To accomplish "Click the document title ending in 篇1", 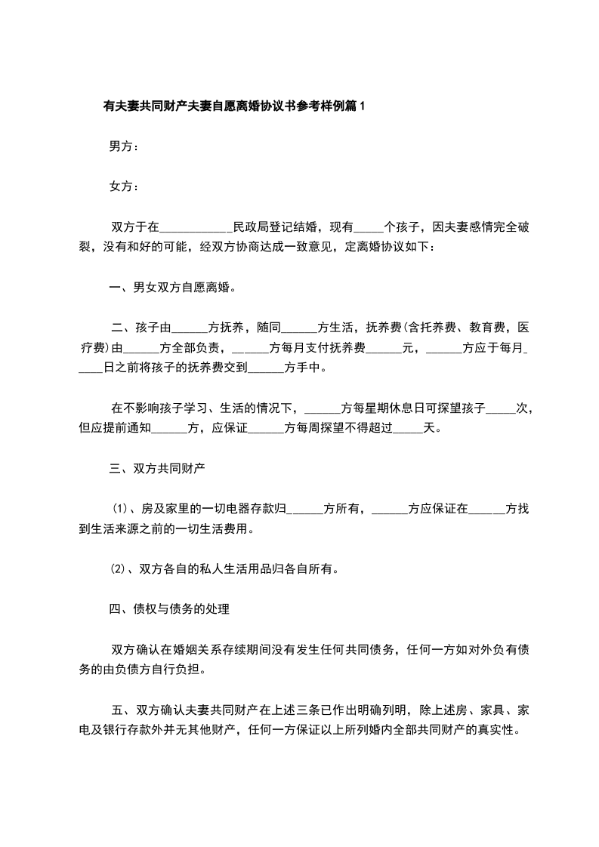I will point(233,106).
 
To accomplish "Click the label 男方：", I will point(124,146).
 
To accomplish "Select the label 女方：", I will point(124,186).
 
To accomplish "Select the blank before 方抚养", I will point(190,329).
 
